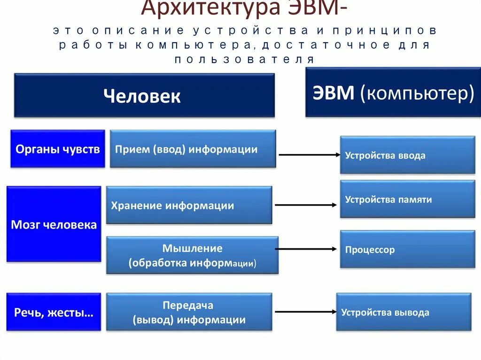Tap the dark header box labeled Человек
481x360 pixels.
tap(144, 95)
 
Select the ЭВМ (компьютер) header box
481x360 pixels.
tap(393, 92)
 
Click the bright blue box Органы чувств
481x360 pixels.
tap(57, 149)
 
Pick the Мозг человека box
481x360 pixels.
tap(54, 224)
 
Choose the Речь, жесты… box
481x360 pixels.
tap(54, 312)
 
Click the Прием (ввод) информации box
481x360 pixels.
tap(193, 149)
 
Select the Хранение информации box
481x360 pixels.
tap(189, 205)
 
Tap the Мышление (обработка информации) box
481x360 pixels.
tap(192, 255)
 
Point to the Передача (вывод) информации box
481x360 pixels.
tap(189, 312)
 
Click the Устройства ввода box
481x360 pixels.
tap(407, 155)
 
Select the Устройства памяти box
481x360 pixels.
tap(407, 199)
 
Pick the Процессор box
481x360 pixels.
tap(407, 249)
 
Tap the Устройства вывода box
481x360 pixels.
tap(403, 312)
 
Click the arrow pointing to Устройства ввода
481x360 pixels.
tap(310, 154)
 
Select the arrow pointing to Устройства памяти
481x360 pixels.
tap(306, 205)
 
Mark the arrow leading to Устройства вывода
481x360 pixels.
tap(306, 312)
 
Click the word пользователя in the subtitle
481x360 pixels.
tap(244, 60)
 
